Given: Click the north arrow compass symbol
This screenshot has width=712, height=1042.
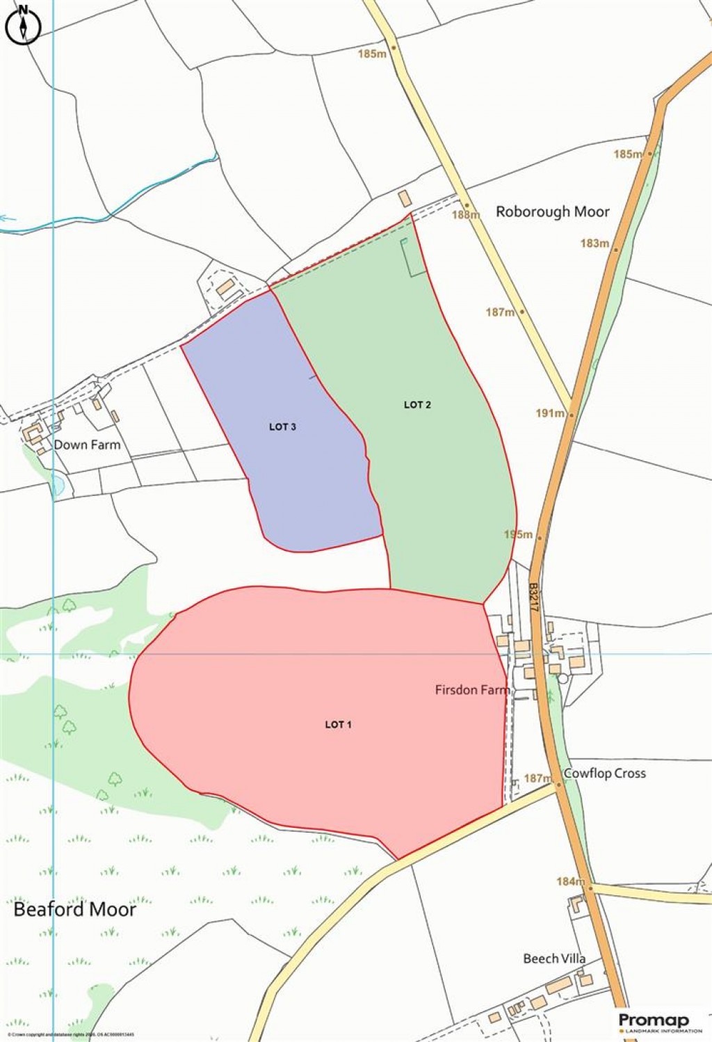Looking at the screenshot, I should (x=23, y=26).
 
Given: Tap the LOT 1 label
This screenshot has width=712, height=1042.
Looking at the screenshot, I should (x=338, y=725).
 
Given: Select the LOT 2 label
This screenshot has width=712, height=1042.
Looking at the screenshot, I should (x=418, y=405).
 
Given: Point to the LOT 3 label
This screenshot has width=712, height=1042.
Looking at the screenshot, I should (x=283, y=426).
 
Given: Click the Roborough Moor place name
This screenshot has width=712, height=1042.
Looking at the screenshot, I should (x=552, y=211).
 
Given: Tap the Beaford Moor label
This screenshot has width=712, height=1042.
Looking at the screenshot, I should (x=75, y=909).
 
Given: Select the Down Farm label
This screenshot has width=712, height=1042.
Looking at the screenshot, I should (x=87, y=444).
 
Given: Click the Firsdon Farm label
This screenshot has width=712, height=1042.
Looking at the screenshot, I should (x=472, y=690).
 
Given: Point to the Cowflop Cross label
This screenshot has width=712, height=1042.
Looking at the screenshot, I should (x=604, y=773).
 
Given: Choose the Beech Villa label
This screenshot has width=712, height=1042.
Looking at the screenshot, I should (x=554, y=959).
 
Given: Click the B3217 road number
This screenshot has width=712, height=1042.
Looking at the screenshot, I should (x=533, y=598).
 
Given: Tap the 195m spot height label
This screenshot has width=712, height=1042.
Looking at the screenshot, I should (x=518, y=535).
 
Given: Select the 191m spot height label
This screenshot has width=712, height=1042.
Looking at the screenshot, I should (x=550, y=413).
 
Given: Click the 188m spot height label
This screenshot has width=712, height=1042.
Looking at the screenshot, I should (x=465, y=215).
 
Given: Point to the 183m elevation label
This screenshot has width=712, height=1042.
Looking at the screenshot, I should (x=594, y=243).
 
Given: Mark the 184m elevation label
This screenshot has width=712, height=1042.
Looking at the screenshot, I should (x=570, y=881).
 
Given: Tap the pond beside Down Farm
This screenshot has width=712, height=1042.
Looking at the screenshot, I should (x=57, y=484).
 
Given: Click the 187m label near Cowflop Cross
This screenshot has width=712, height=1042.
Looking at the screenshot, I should (x=537, y=778).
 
